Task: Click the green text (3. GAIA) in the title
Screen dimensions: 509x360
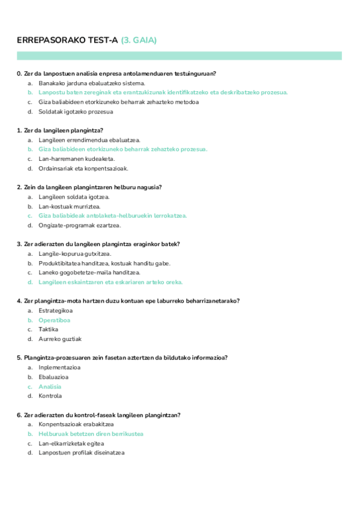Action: click(x=139, y=40)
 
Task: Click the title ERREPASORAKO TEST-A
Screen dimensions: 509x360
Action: click(x=67, y=40)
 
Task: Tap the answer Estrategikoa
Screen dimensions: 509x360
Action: click(x=55, y=310)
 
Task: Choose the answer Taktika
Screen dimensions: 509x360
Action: click(x=48, y=329)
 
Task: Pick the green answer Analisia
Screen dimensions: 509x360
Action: click(x=50, y=387)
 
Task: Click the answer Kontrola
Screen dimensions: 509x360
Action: click(x=50, y=396)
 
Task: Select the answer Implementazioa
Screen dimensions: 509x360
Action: click(x=59, y=367)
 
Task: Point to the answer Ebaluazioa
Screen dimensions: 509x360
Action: click(x=53, y=377)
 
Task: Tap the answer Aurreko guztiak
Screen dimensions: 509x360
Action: click(x=60, y=339)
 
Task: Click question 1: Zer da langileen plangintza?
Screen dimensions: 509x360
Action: click(x=61, y=130)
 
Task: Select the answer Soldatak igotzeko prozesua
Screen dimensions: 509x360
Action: click(x=76, y=111)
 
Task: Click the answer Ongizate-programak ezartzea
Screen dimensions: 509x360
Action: click(x=80, y=225)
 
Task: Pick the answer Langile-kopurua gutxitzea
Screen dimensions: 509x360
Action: click(x=75, y=253)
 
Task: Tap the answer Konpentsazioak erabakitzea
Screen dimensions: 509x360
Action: click(x=77, y=424)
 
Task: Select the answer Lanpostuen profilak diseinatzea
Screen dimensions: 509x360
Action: click(x=82, y=453)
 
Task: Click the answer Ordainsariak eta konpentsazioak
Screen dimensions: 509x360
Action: click(x=83, y=168)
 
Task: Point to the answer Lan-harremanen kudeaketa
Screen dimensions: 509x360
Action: click(x=76, y=158)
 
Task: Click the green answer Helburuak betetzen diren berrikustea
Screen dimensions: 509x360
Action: click(x=91, y=433)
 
